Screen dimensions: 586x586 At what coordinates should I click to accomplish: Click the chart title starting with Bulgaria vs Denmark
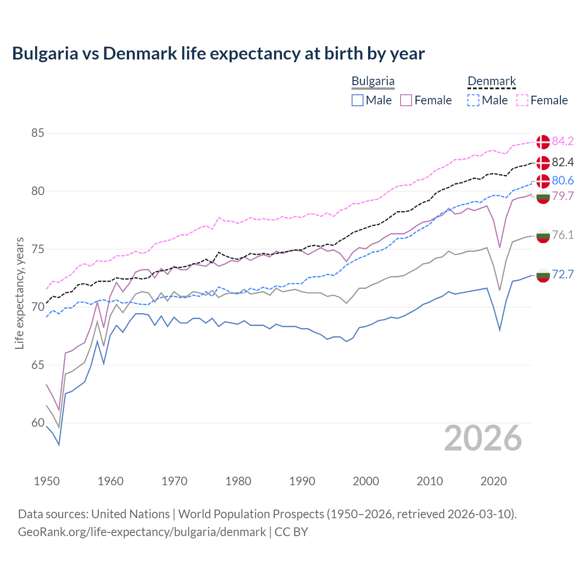pyautogui.click(x=218, y=54)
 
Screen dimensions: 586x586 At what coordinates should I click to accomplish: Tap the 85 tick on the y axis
pyautogui.click(x=38, y=133)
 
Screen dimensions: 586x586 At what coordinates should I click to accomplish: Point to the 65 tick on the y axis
pyautogui.click(x=38, y=365)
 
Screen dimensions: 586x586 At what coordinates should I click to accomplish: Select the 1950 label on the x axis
pyautogui.click(x=47, y=481)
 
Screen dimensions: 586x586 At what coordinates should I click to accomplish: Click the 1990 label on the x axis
pyautogui.click(x=302, y=481)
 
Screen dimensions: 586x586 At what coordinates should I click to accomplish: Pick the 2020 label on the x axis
pyautogui.click(x=494, y=481)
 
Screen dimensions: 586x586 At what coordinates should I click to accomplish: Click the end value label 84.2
pyautogui.click(x=563, y=141)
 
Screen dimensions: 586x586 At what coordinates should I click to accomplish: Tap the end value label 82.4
pyautogui.click(x=563, y=162)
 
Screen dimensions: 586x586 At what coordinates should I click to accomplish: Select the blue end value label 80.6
pyautogui.click(x=563, y=180)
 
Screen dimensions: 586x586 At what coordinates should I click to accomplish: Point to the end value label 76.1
pyautogui.click(x=563, y=235)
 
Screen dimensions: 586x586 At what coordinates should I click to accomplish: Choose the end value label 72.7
pyautogui.click(x=563, y=274)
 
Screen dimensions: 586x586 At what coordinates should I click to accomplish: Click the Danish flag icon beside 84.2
pyautogui.click(x=543, y=142)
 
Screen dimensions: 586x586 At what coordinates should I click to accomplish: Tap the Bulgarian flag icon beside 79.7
pyautogui.click(x=543, y=197)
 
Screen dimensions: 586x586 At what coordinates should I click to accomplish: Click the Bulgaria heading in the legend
pyautogui.click(x=373, y=81)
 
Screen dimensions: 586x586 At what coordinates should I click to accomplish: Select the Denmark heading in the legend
pyautogui.click(x=492, y=81)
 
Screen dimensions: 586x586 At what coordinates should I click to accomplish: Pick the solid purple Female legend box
pyautogui.click(x=406, y=100)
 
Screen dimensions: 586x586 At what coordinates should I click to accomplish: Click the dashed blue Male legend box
pyautogui.click(x=473, y=100)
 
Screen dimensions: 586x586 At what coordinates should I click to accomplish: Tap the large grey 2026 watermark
pyautogui.click(x=483, y=438)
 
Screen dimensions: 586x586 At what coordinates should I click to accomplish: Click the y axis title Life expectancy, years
pyautogui.click(x=20, y=293)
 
